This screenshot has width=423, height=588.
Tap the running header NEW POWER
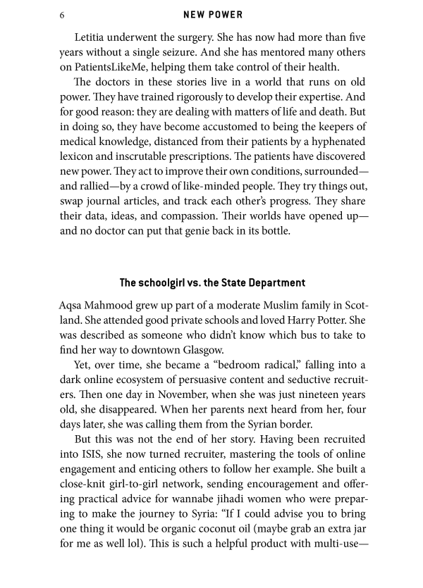[x=211, y=13]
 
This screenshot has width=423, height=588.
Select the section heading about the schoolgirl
[x=212, y=283]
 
